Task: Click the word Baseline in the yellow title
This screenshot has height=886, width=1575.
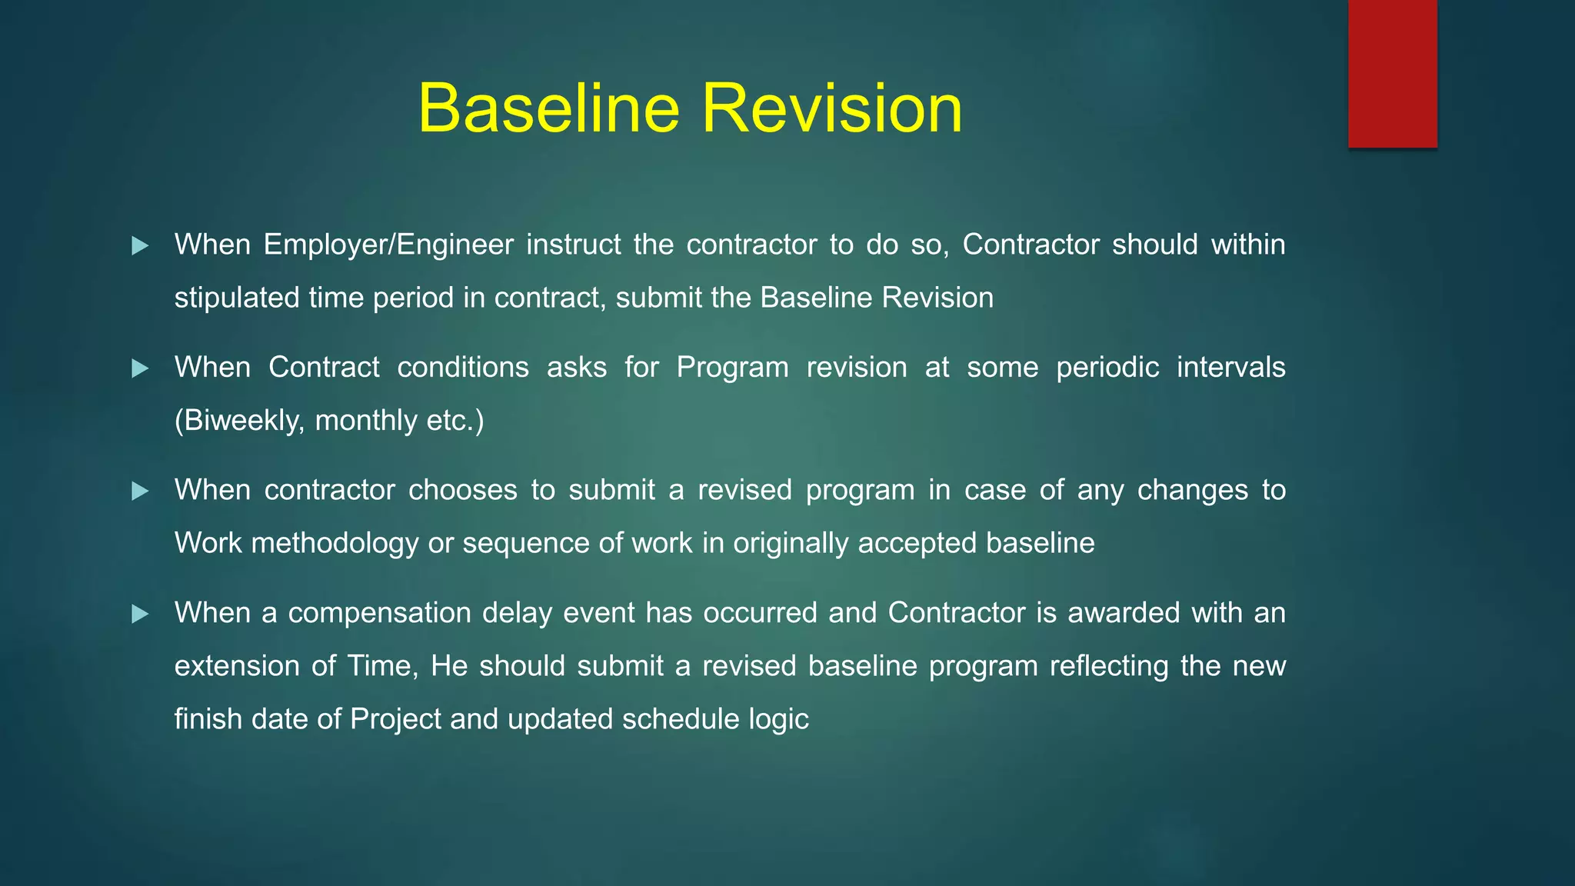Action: [549, 109]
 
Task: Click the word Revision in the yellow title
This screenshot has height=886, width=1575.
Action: [831, 109]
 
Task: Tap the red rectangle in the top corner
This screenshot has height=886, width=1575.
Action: [1392, 74]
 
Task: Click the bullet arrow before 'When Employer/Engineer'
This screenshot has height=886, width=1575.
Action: [140, 246]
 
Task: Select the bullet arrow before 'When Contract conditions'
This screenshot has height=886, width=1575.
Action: [140, 368]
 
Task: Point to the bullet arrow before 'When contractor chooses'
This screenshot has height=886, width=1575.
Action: [140, 491]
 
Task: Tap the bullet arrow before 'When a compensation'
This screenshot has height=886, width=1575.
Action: [140, 614]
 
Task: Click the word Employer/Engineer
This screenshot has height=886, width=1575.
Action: [388, 245]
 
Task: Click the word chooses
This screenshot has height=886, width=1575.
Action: [462, 490]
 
